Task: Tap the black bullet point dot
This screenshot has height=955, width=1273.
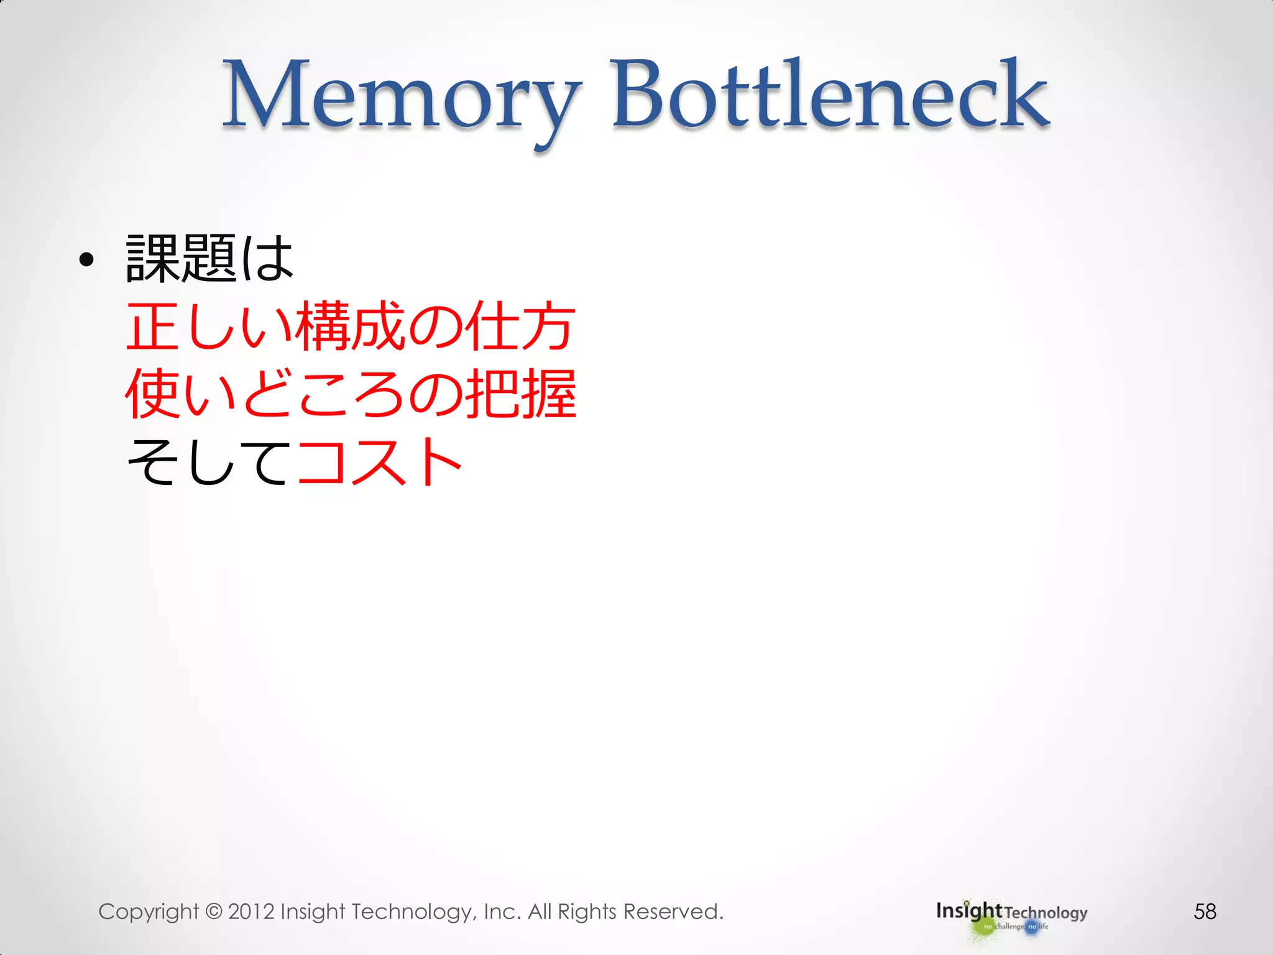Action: pyautogui.click(x=87, y=259)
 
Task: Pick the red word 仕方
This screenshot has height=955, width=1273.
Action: pyautogui.click(x=520, y=326)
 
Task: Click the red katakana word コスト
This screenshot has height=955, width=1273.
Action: pyautogui.click(x=380, y=461)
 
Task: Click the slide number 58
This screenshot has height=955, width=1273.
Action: pyautogui.click(x=1205, y=911)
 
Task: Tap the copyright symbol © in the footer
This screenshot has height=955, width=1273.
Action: pyautogui.click(x=213, y=911)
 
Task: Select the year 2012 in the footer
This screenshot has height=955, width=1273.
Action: pyautogui.click(x=251, y=911)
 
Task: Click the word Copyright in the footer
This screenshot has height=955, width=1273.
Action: pyautogui.click(x=148, y=911)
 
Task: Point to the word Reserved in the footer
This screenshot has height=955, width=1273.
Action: pyautogui.click(x=673, y=911)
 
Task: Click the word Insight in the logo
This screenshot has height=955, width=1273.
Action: pyautogui.click(x=968, y=911)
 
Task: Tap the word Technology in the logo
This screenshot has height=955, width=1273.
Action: pyautogui.click(x=1046, y=913)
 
